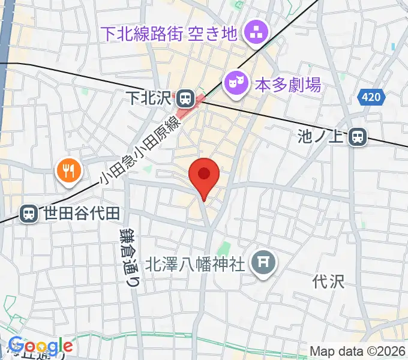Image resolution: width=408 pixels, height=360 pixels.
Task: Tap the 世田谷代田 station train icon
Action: pyautogui.click(x=28, y=212)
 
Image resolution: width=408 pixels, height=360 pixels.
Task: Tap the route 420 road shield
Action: pyautogui.click(x=370, y=96)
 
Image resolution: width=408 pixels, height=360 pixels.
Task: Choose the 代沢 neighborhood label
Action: pyautogui.click(x=329, y=281)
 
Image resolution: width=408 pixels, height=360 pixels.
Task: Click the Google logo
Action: pyautogui.click(x=40, y=347)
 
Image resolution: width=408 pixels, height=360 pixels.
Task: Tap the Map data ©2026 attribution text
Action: pyautogui.click(x=357, y=352)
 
